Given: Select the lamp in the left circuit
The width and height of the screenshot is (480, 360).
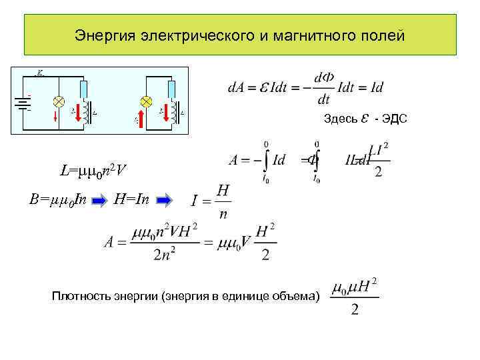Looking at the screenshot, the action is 58,102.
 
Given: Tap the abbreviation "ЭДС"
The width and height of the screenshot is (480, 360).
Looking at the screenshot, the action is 394,119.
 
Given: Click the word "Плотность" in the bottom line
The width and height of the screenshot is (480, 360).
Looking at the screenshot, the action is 77,296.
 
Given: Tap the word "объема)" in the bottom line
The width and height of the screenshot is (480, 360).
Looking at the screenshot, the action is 297,296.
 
